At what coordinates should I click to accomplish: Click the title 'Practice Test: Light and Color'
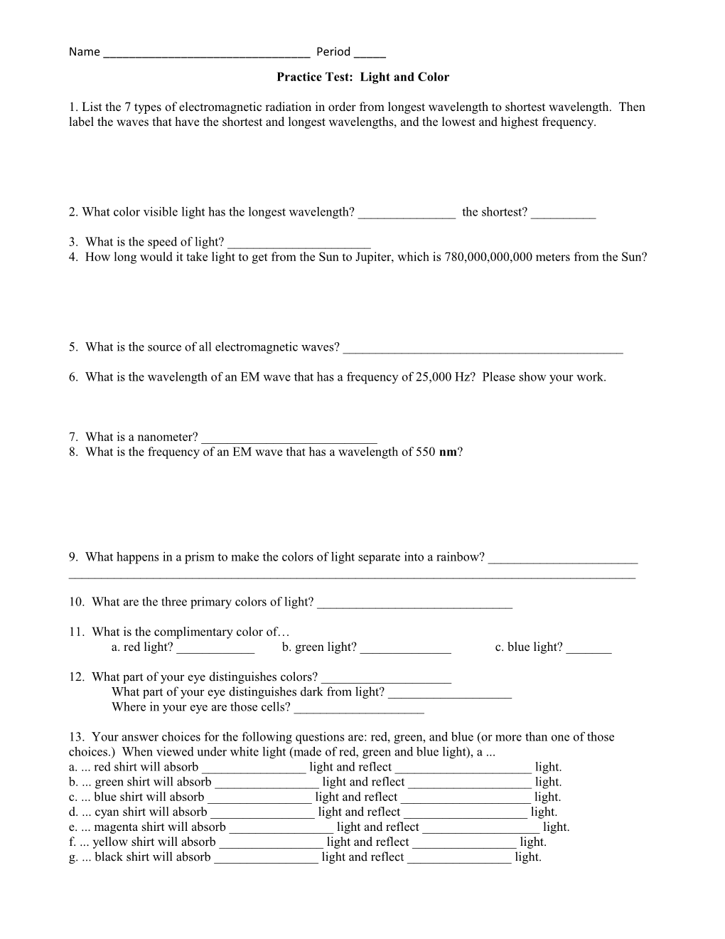(362, 77)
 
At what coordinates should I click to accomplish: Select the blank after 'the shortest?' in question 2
(563, 214)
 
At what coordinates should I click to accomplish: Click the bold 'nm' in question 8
(448, 452)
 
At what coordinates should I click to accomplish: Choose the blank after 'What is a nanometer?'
(289, 439)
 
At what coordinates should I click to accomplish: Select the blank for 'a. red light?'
(215, 649)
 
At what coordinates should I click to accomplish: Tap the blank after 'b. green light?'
(405, 649)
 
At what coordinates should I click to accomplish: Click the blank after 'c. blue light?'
(589, 649)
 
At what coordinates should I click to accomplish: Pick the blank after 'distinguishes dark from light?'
(450, 694)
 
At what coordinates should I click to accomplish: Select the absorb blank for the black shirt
(266, 859)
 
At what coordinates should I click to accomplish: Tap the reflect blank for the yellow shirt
(464, 844)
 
